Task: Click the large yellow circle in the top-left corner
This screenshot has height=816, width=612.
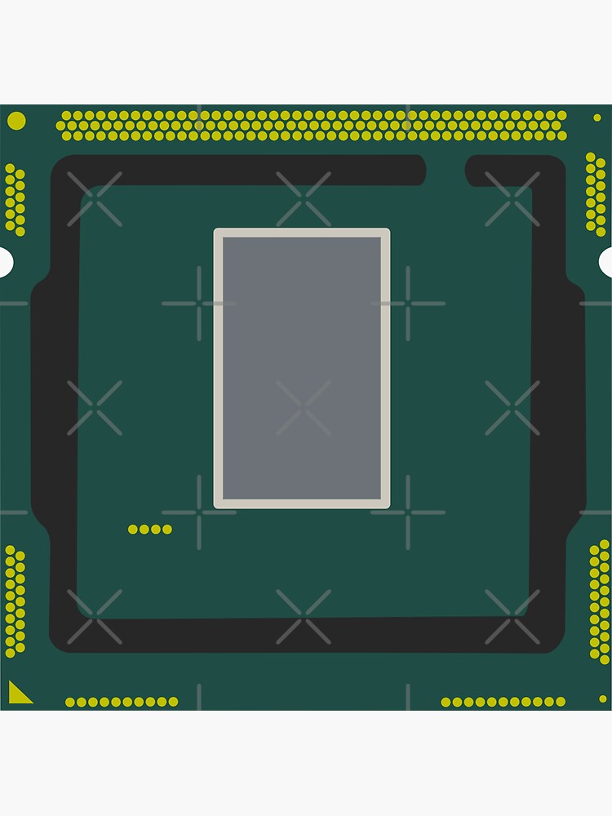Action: [x=16, y=121]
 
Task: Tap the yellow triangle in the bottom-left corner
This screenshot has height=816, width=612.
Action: [x=18, y=694]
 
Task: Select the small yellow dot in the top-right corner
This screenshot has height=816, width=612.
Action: [x=597, y=118]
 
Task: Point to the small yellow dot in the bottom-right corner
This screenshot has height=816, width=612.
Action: [x=603, y=698]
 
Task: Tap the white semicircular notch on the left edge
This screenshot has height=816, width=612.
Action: [x=5, y=262]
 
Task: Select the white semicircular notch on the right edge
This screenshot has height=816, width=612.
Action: [x=606, y=262]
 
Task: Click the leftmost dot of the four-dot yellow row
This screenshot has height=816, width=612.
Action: [x=133, y=530]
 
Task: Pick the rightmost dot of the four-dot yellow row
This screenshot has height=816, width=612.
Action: [x=167, y=530]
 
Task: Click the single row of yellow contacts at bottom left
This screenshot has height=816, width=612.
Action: [x=122, y=702]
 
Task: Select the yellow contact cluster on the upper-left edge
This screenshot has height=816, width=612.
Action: [x=15, y=200]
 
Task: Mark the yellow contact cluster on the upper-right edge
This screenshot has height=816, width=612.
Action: [x=596, y=194]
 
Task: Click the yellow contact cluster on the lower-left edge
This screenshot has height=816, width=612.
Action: [x=15, y=601]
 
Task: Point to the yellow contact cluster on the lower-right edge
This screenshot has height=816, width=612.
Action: [x=600, y=601]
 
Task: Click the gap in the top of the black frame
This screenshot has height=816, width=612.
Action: [x=446, y=170]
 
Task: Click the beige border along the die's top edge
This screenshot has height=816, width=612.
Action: [x=302, y=233]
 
